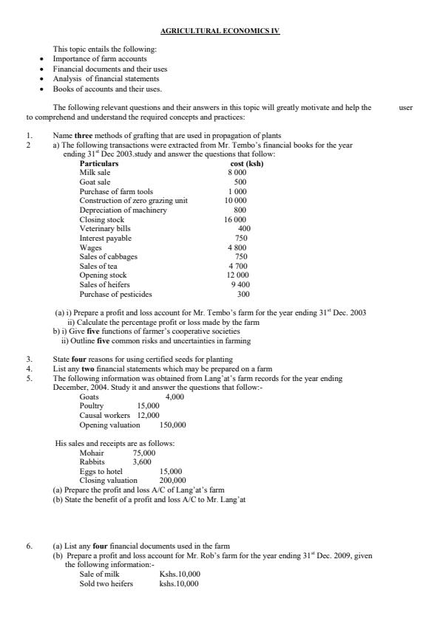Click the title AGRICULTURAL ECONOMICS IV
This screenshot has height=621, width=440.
(220, 30)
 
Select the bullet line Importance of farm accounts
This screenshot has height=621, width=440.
(100, 58)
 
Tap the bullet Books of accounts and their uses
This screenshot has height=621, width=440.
(106, 88)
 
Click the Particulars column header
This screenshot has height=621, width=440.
(99, 163)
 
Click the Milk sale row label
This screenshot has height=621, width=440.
(95, 172)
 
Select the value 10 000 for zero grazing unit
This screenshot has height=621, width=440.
(236, 200)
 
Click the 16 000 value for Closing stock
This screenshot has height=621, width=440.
(236, 219)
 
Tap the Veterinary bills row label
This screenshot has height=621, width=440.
(104, 229)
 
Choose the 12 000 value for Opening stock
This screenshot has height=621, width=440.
(236, 275)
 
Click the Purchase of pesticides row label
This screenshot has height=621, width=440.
(115, 294)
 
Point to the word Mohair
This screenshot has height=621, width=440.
(92, 453)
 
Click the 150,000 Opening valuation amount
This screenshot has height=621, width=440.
(172, 425)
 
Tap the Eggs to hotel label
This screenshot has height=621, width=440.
(101, 471)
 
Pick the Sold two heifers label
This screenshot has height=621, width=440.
(106, 583)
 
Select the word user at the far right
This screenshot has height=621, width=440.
(405, 107)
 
